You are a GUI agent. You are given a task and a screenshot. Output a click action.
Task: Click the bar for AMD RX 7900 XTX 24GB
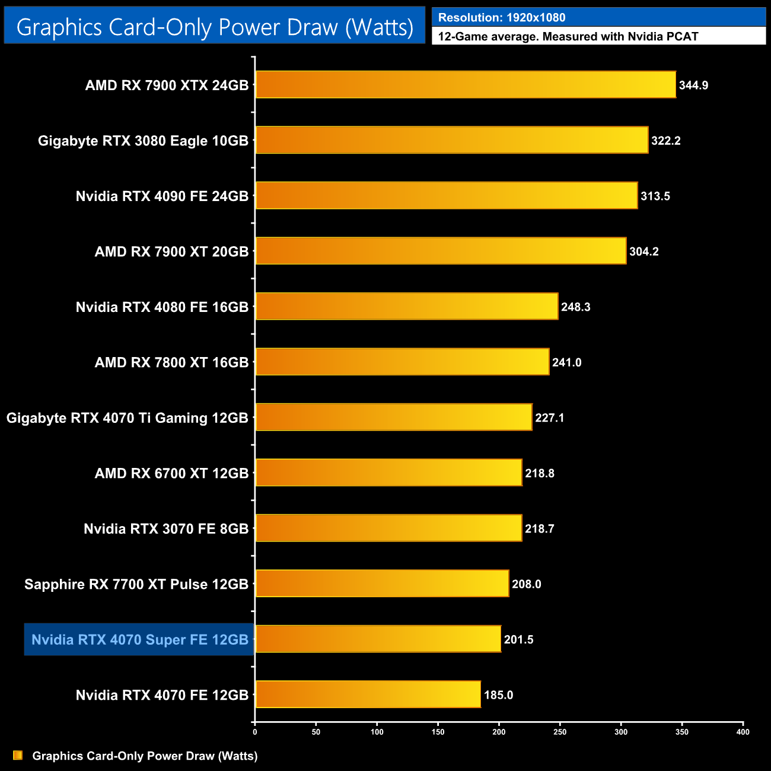(x=466, y=85)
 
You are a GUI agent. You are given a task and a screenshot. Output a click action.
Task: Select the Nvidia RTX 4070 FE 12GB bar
(x=368, y=694)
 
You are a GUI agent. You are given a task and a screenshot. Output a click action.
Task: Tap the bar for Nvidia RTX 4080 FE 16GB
(x=407, y=307)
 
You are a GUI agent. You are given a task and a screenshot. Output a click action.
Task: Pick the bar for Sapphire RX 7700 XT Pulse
(x=382, y=584)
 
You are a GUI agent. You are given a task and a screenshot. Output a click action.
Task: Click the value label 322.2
(x=666, y=141)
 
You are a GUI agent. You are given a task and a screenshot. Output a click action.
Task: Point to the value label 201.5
(x=519, y=640)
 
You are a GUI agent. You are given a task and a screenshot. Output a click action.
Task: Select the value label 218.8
(x=540, y=473)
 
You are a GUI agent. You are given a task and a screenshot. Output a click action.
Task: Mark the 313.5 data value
(x=655, y=196)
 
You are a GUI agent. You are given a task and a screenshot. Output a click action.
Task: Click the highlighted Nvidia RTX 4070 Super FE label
(x=140, y=640)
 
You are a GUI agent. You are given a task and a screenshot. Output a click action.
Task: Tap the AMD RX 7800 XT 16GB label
(x=171, y=362)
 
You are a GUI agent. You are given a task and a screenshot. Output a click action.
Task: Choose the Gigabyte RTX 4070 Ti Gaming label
(x=128, y=418)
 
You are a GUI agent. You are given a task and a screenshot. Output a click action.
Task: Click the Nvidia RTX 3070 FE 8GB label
(x=166, y=529)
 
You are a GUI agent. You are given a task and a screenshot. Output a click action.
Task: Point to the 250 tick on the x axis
(x=560, y=732)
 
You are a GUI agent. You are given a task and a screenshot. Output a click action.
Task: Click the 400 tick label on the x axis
(x=743, y=732)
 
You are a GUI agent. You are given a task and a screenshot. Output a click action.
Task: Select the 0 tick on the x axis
(x=255, y=732)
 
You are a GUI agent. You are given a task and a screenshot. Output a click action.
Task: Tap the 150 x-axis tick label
(x=438, y=732)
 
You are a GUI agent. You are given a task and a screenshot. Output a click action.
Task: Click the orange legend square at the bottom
(x=18, y=756)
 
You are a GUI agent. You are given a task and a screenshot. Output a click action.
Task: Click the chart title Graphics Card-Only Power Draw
(x=215, y=27)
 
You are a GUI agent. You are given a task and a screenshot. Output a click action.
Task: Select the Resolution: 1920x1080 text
(x=502, y=18)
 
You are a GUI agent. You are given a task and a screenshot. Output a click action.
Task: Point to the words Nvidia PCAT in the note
(x=663, y=37)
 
